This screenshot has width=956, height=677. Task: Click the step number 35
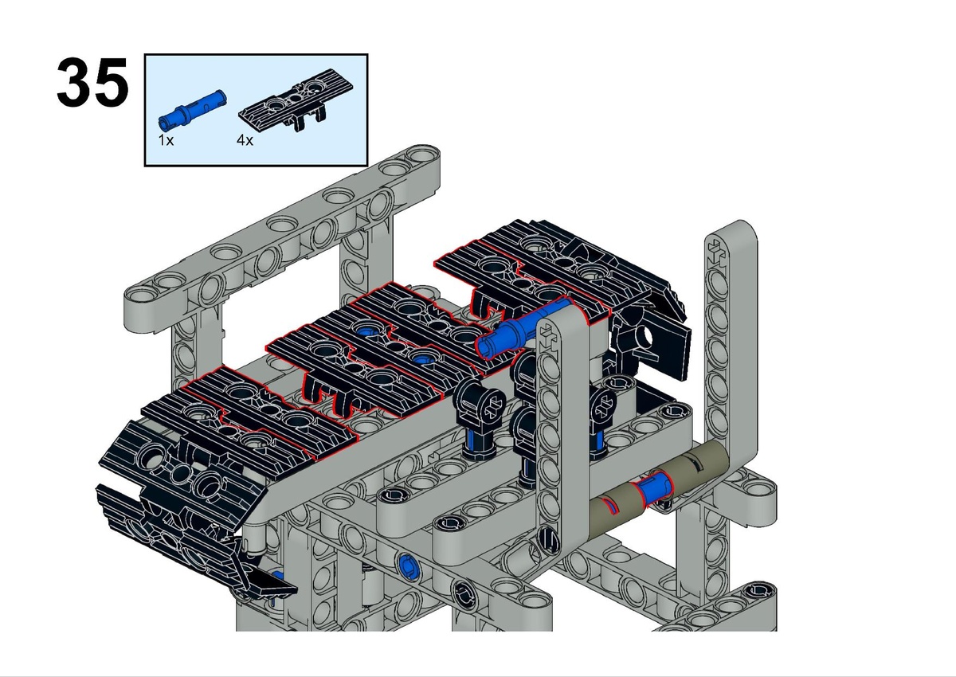(x=92, y=82)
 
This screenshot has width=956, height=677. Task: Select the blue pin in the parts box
(x=192, y=110)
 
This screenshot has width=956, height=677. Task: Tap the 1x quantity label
(x=166, y=140)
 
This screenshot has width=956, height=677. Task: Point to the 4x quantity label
(x=245, y=140)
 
